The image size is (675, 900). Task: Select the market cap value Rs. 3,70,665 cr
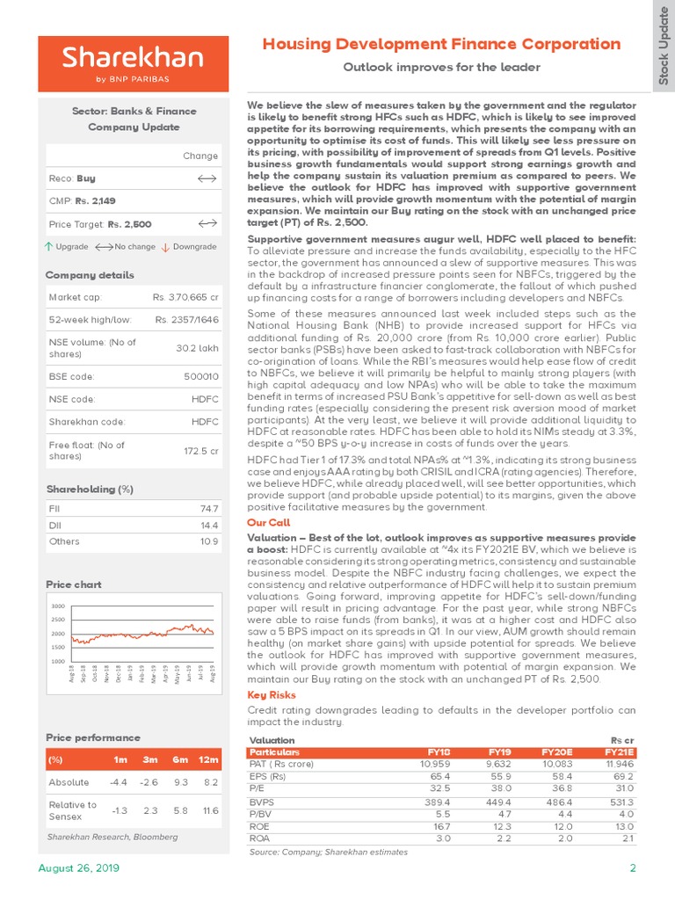(x=186, y=297)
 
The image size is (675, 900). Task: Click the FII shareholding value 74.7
(x=209, y=509)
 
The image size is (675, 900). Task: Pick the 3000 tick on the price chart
(x=58, y=606)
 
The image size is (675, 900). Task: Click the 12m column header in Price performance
(x=209, y=758)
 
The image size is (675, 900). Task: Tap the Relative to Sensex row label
(x=73, y=810)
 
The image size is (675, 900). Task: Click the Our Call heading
(x=269, y=522)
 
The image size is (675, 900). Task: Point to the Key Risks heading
(x=271, y=694)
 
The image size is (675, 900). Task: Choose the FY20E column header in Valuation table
(x=557, y=752)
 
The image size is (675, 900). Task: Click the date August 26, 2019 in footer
(x=77, y=868)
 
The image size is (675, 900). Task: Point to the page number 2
(x=632, y=868)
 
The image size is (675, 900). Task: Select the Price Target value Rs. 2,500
(x=129, y=224)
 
